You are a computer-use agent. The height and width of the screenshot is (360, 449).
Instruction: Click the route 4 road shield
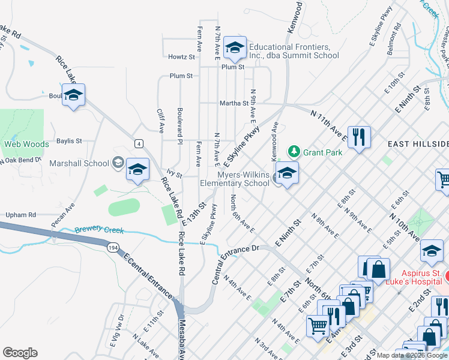coord(139,143)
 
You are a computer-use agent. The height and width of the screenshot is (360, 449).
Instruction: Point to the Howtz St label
coord(182,58)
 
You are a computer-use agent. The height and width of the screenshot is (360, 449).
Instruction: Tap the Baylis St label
coord(68,141)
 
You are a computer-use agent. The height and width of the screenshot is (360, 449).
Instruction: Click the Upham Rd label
coord(21,214)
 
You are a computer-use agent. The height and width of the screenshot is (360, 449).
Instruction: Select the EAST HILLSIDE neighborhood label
coord(418,144)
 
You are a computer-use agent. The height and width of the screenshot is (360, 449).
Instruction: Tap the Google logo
coord(20,353)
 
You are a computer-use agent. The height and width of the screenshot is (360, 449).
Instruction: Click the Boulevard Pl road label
coord(179,125)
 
